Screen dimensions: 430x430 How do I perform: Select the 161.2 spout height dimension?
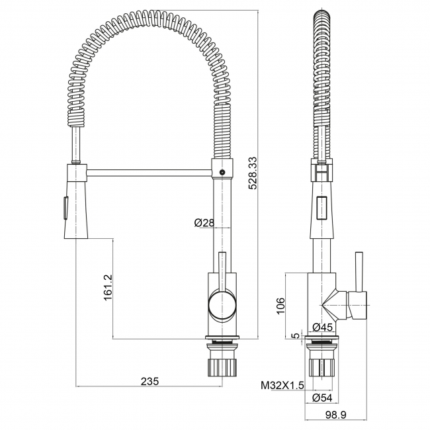[x=108, y=288]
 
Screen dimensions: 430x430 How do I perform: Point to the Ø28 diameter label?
[x=204, y=223]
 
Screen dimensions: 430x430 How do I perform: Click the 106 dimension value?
[x=280, y=305]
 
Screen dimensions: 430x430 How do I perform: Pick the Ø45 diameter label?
[x=322, y=327]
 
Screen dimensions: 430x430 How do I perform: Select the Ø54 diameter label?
[x=322, y=398]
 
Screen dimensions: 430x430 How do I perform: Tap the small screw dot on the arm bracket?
[x=222, y=173]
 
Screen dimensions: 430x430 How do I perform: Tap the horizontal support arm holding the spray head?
[x=148, y=173]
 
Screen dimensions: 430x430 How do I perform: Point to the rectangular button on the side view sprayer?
[x=322, y=208]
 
